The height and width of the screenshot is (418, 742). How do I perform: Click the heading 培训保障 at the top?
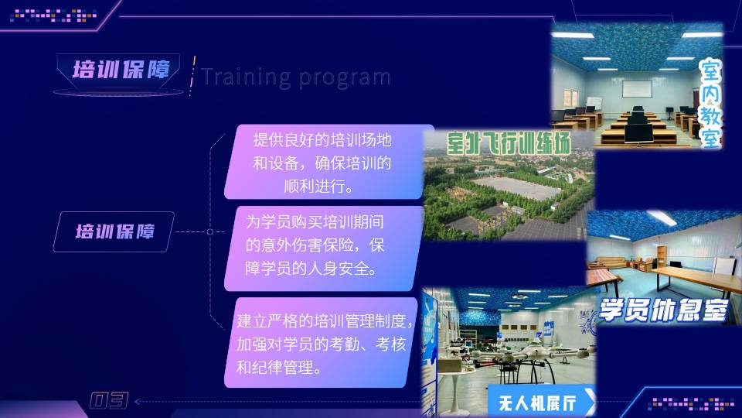(121, 70)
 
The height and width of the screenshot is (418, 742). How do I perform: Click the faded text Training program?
(296, 77)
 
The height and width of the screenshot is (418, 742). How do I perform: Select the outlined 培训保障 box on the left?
(114, 231)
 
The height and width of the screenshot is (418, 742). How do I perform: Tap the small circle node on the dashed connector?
(210, 231)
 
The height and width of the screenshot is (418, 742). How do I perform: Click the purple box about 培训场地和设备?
(328, 162)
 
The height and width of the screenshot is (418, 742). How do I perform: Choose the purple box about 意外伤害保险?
(324, 248)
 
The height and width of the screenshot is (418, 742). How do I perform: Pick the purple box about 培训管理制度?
(321, 343)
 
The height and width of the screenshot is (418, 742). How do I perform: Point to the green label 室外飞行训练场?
(509, 143)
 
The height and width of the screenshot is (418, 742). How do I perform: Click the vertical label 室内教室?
(710, 103)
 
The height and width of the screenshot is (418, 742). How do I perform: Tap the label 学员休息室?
(662, 310)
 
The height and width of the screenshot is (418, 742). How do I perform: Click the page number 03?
(109, 400)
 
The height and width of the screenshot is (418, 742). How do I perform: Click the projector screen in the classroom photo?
(636, 88)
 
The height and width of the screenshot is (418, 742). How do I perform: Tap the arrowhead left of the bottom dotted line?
(138, 402)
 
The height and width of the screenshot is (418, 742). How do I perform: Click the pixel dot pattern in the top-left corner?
(53, 15)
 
